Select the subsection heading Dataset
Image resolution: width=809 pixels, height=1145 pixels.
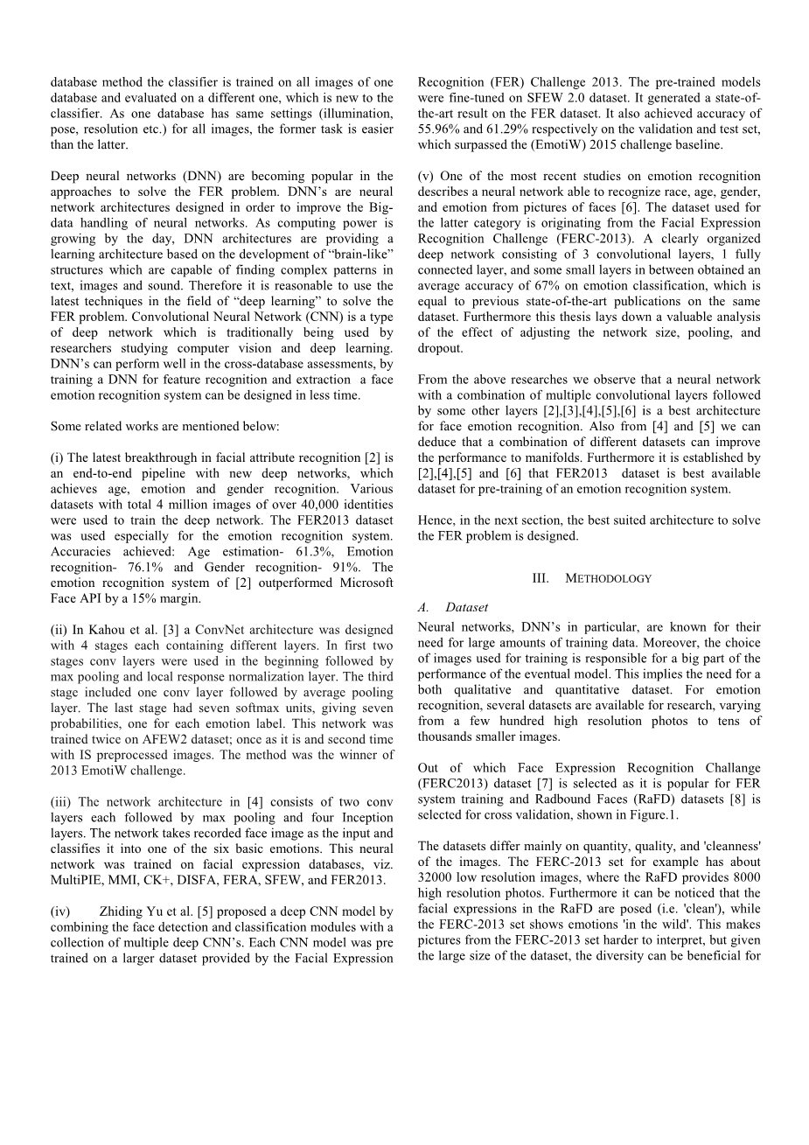click(x=467, y=607)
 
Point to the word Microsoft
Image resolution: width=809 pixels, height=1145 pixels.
click(x=358, y=583)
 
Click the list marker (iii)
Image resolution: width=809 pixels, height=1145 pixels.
click(x=62, y=802)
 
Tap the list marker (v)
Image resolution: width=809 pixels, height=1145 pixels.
click(x=426, y=177)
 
